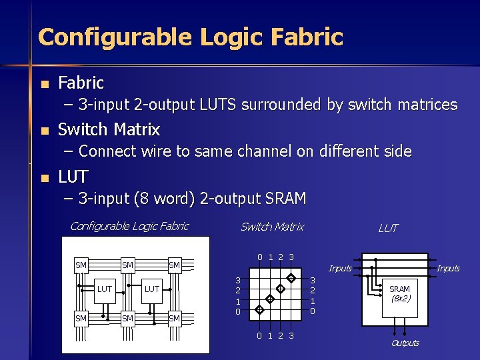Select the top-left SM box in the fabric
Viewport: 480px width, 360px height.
pyautogui.click(x=81, y=265)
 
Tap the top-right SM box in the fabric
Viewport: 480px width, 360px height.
pyautogui.click(x=175, y=265)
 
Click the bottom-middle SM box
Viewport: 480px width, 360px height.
pyautogui.click(x=128, y=318)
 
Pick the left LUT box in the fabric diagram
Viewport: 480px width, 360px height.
pyautogui.click(x=104, y=289)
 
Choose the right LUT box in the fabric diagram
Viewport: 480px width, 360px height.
pyautogui.click(x=151, y=289)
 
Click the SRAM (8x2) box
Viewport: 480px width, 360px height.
pyautogui.click(x=399, y=294)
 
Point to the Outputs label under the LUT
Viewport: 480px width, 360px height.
pyautogui.click(x=405, y=343)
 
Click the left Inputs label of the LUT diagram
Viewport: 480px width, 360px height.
pyautogui.click(x=340, y=269)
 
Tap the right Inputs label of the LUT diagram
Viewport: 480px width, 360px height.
pyautogui.click(x=448, y=269)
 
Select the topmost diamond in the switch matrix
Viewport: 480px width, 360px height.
pyautogui.click(x=291, y=277)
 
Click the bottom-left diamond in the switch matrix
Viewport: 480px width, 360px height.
pyautogui.click(x=259, y=310)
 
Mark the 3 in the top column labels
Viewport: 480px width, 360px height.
pyautogui.click(x=292, y=257)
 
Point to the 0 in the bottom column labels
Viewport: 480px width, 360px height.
pyautogui.click(x=260, y=335)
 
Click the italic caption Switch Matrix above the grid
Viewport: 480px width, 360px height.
pyautogui.click(x=272, y=227)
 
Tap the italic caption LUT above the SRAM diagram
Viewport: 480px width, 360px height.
pyautogui.click(x=388, y=228)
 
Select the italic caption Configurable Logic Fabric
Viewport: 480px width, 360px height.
pyautogui.click(x=129, y=226)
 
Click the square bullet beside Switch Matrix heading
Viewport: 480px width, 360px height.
pyautogui.click(x=44, y=131)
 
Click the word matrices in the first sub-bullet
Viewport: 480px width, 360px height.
pyautogui.click(x=425, y=105)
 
